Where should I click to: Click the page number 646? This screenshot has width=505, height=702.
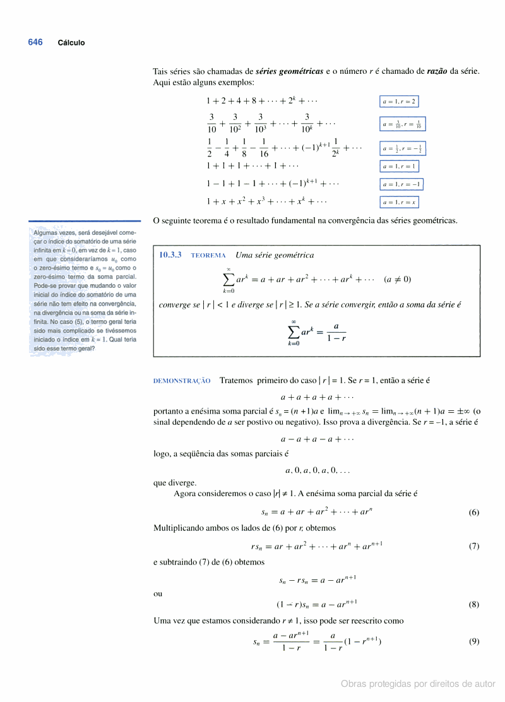point(35,42)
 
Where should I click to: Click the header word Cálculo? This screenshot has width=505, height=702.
point(71,43)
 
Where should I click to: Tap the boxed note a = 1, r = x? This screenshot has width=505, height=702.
point(400,202)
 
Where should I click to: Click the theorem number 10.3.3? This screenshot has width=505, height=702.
point(170,255)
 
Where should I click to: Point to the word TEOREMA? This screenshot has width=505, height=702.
point(208,256)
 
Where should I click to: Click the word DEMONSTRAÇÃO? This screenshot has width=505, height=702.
point(182,381)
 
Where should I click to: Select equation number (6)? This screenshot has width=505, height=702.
point(474,513)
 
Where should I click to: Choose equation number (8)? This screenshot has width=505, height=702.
point(474,604)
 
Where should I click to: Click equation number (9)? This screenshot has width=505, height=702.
point(474,641)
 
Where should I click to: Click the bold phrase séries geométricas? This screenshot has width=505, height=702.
point(288,71)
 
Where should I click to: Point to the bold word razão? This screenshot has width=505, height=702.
point(437,71)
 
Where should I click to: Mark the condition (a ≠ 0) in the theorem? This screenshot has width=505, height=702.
point(397,279)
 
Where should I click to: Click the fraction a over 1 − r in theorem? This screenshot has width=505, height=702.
point(336,332)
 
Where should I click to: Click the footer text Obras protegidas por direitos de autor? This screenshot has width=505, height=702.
point(418,684)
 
